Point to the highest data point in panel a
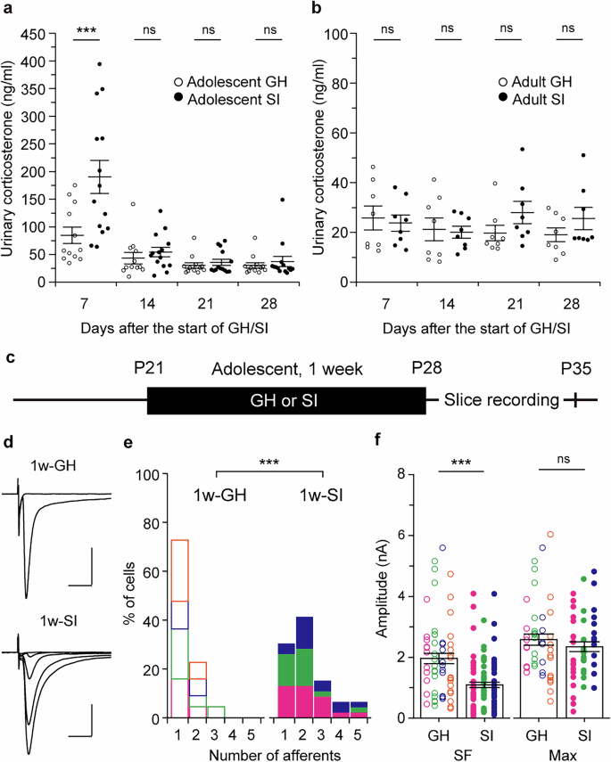[100, 64]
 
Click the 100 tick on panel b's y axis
[343, 35]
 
